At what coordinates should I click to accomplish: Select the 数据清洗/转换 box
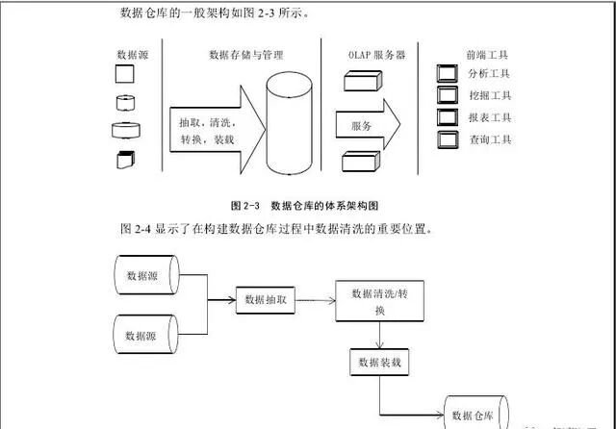click(x=380, y=302)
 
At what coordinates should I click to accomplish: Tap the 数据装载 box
click(x=380, y=362)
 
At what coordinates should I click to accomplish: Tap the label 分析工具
click(x=488, y=73)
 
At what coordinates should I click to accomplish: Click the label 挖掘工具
click(x=488, y=95)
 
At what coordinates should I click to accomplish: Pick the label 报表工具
click(x=488, y=117)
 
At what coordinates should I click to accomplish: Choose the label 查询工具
click(x=488, y=139)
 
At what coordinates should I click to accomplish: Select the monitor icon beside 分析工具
click(x=446, y=73)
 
